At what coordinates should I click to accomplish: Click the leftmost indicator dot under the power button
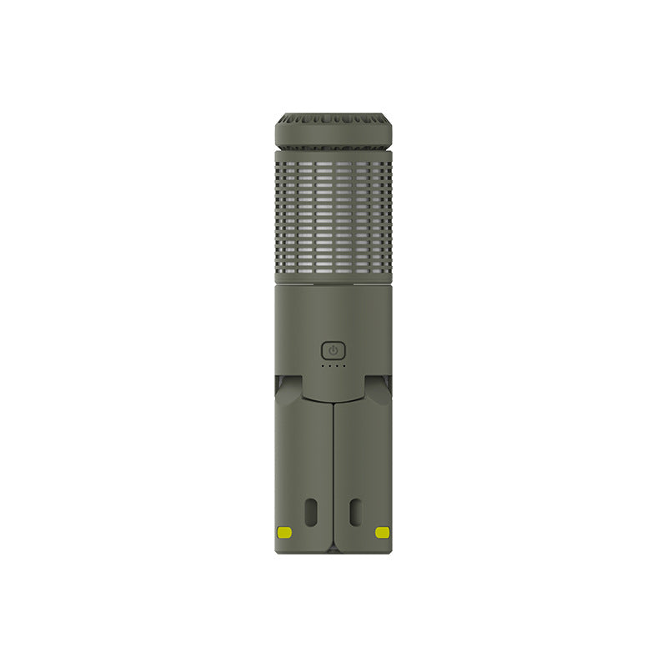pos(323,366)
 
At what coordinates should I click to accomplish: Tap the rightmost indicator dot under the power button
pos(344,366)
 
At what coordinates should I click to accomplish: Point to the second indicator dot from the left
pos(329,366)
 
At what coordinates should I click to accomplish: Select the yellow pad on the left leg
pos(284,532)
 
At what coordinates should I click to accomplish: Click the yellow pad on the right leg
pos(382,532)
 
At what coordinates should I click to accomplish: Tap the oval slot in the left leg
pos(311,512)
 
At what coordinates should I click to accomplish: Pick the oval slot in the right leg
pos(355,512)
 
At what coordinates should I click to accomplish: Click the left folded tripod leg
pos(303,475)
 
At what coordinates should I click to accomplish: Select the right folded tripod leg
pos(363,475)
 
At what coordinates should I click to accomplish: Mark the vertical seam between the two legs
pos(333,475)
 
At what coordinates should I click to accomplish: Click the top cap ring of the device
pos(333,132)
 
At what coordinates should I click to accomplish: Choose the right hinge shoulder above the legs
pos(380,388)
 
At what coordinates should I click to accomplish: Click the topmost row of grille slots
pos(333,157)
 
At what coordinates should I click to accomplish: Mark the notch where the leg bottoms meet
pos(333,550)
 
